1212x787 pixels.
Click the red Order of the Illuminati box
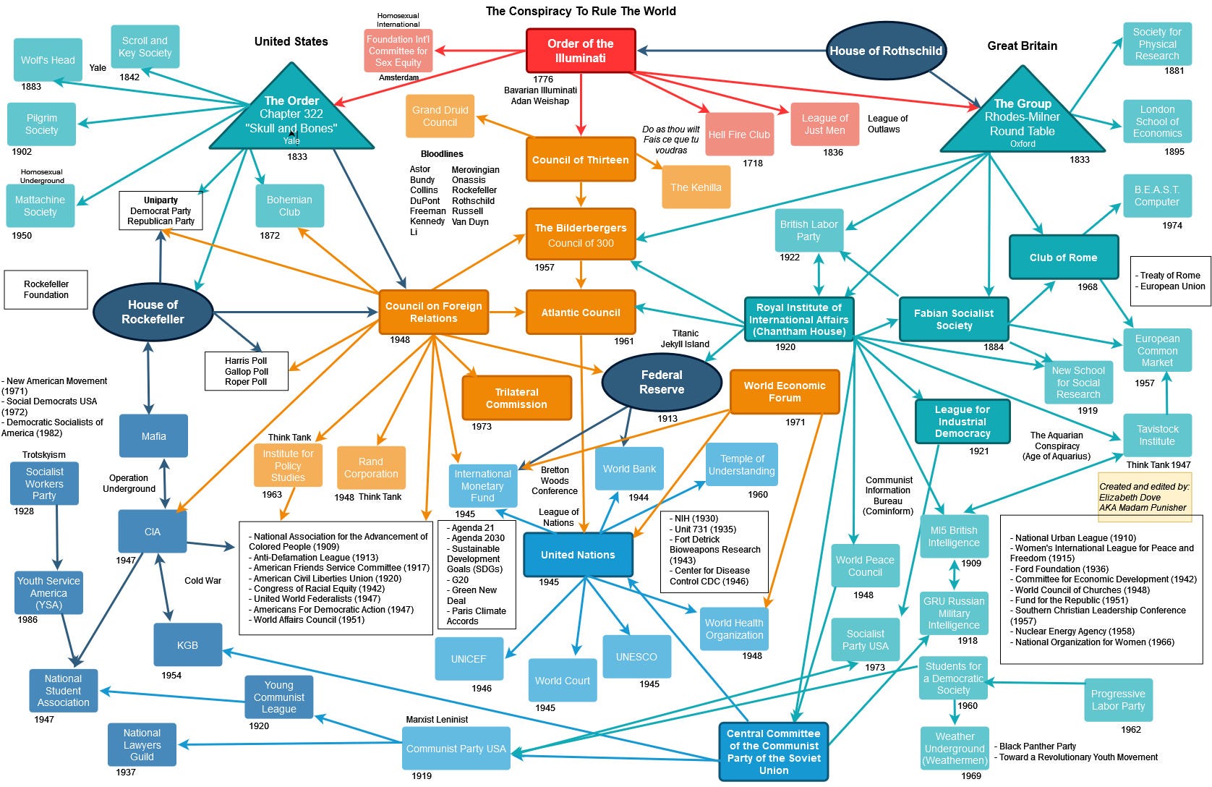580,51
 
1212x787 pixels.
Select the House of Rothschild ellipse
885,51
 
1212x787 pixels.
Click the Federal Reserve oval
661,382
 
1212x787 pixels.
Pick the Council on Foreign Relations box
433,312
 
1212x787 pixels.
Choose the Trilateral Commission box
516,398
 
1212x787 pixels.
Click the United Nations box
577,555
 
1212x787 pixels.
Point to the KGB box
187,645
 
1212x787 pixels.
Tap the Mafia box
153,436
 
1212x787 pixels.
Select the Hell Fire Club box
738,135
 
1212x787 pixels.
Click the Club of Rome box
1063,258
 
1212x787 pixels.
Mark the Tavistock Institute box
1157,435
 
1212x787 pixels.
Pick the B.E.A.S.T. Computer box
1156,196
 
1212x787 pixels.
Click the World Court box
562,681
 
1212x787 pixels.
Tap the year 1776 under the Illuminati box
543,80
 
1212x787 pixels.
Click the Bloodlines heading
442,154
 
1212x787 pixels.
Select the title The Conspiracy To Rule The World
581,11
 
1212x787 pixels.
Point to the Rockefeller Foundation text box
46,289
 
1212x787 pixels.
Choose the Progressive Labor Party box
1118,699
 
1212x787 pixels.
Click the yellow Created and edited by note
1143,497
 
